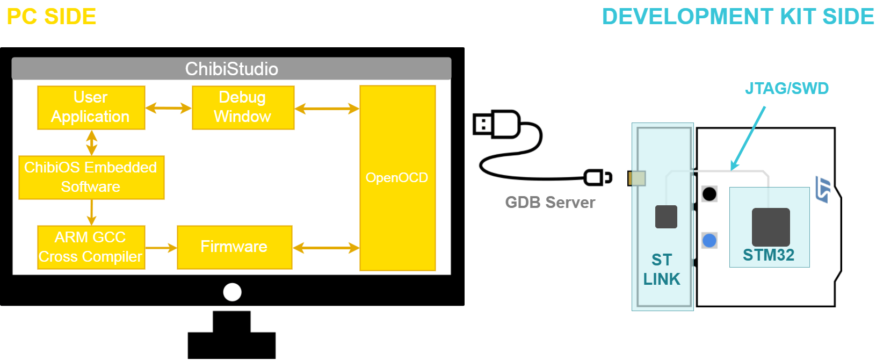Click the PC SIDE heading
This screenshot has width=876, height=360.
pos(52,17)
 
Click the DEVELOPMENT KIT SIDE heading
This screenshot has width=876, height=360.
pos(738,17)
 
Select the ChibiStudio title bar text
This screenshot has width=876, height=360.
pos(231,69)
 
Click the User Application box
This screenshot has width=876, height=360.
pos(91,107)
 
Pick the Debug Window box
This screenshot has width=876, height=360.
pos(243,107)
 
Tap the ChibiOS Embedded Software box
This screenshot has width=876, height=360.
pos(91,177)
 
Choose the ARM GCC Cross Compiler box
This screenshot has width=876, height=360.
pos(91,247)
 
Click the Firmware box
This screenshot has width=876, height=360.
pos(234,247)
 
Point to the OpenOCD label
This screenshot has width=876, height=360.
pos(397,178)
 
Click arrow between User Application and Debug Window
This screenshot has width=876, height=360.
pos(168,108)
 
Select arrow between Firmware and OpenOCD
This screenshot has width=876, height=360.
pos(326,248)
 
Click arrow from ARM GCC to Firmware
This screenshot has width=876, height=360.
pos(161,248)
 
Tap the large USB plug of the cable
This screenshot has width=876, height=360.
pos(495,124)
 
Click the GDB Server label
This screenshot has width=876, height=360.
pos(550,203)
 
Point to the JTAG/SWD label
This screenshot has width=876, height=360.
pos(786,88)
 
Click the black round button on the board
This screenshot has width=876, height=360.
pos(709,194)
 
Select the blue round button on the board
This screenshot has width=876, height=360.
pos(709,240)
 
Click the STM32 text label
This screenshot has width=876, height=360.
pos(768,255)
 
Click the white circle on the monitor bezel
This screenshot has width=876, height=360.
pos(232,292)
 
